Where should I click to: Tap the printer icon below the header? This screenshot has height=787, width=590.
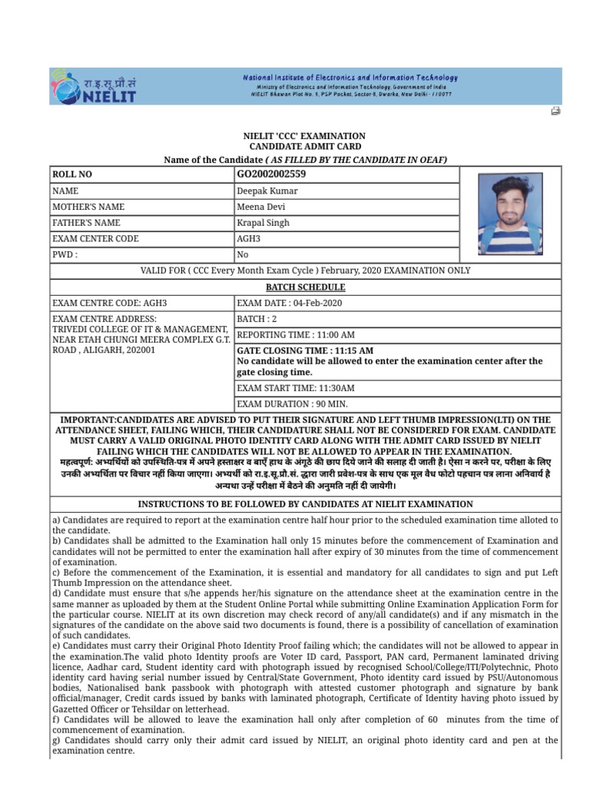pyautogui.click(x=555, y=111)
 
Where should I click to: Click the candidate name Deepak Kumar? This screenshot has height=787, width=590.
pyautogui.click(x=267, y=191)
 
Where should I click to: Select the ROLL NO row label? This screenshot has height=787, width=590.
pyautogui.click(x=72, y=174)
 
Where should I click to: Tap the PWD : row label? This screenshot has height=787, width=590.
pyautogui.click(x=65, y=254)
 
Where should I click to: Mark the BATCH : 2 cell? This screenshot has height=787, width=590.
pyautogui.click(x=257, y=319)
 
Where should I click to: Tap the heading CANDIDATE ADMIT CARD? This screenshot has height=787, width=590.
pyautogui.click(x=305, y=146)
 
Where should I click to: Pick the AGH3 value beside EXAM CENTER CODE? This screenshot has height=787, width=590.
pyautogui.click(x=249, y=239)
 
